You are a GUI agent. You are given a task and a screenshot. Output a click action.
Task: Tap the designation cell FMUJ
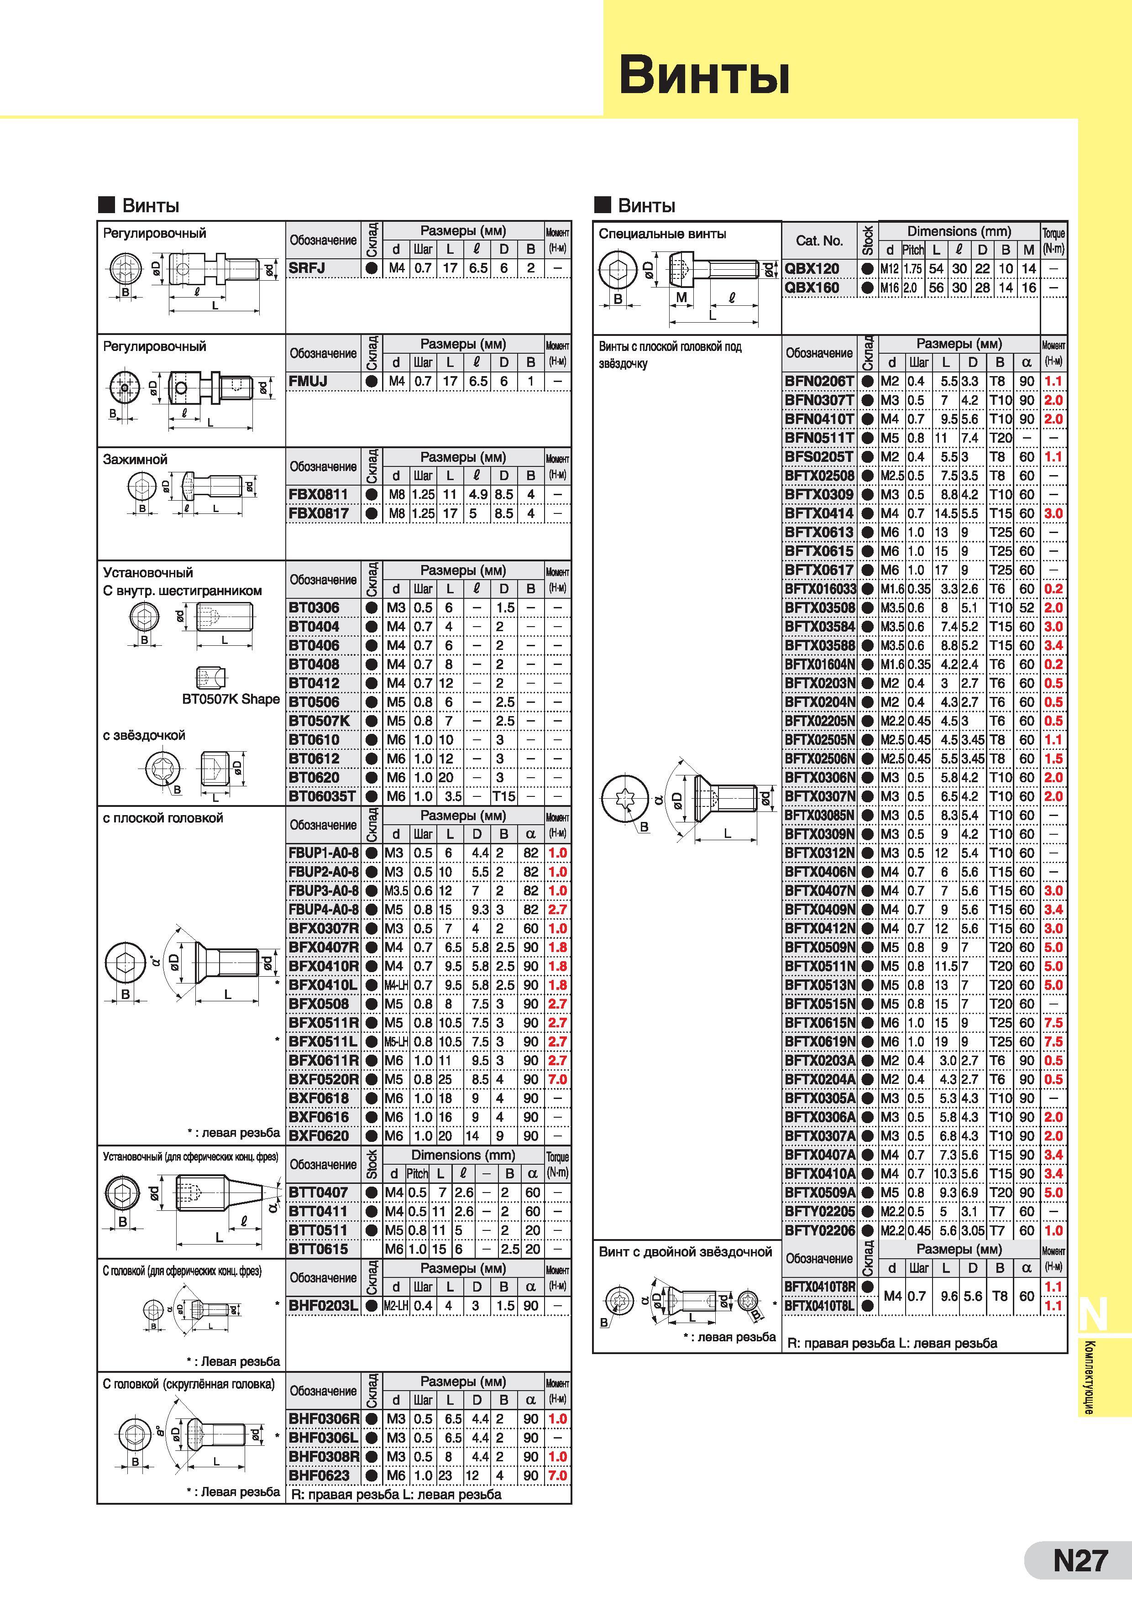(308, 382)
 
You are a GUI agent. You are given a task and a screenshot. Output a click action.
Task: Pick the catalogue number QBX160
(812, 287)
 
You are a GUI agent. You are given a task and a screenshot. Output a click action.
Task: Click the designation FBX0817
(318, 513)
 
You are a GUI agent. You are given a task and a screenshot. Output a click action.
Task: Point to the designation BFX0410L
(323, 984)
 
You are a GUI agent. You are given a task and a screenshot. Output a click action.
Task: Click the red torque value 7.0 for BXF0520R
(557, 1079)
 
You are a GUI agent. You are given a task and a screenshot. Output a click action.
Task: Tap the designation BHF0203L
(323, 1305)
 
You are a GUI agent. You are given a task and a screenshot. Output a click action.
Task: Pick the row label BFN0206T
(819, 382)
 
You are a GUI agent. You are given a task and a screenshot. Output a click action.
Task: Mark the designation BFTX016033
(820, 589)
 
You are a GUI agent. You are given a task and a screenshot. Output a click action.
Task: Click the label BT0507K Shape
(231, 699)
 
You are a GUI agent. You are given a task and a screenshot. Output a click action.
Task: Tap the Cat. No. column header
(819, 241)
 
